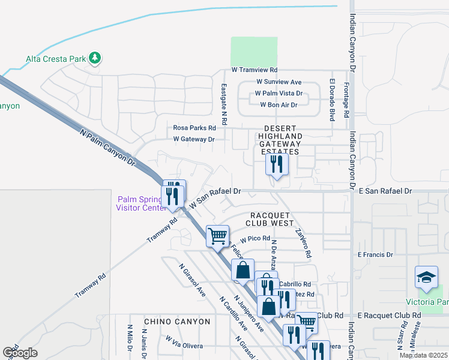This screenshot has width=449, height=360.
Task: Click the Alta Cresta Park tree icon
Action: tap(94, 58)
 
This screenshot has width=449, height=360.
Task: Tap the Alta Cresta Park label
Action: tap(56, 59)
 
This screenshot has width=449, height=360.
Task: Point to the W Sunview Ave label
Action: tap(279, 82)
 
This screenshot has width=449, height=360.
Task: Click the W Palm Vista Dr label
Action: tap(279, 94)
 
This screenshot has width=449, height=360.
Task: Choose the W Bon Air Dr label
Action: tap(279, 105)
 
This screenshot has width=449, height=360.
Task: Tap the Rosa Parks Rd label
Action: tap(194, 128)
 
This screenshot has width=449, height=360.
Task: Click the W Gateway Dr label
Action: tap(193, 139)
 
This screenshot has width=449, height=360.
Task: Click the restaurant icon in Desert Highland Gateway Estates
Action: tap(276, 164)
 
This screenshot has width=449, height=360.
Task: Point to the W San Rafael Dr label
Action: tap(215, 197)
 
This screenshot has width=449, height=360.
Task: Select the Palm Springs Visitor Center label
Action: tap(140, 203)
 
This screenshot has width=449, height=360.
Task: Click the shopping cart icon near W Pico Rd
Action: tap(217, 235)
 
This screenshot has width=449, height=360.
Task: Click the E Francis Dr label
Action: tap(375, 254)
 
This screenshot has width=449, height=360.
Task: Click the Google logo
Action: tap(20, 353)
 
